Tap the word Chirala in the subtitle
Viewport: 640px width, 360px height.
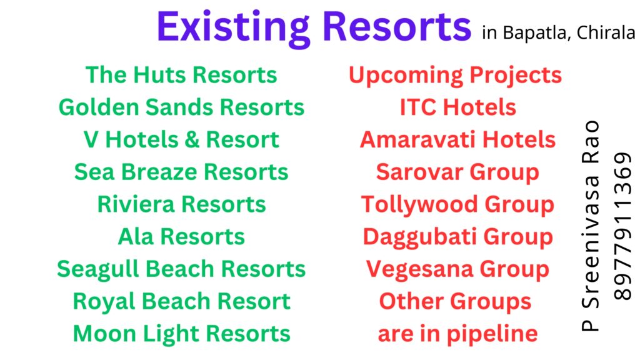(x=606, y=33)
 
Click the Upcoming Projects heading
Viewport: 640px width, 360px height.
(x=455, y=76)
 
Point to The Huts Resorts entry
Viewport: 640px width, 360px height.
(x=181, y=75)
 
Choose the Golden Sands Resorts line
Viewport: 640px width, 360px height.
(x=181, y=107)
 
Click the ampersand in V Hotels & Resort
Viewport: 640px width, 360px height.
(x=191, y=139)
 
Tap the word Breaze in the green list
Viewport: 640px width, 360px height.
(x=159, y=172)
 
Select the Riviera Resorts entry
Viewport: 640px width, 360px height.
(x=181, y=204)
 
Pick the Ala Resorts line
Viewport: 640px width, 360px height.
(x=181, y=237)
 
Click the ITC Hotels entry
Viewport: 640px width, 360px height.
(x=458, y=107)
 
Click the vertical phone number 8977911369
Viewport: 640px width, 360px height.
(x=623, y=226)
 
